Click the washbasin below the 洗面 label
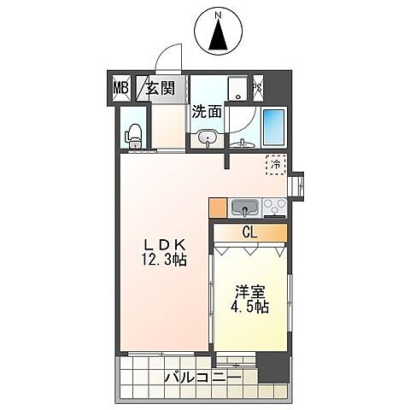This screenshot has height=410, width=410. click(206, 137)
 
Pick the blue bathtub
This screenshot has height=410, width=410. click(273, 126)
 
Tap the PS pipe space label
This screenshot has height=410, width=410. click(257, 86)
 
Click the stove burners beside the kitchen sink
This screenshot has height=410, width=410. click(276, 207)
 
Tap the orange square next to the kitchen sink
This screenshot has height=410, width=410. click(217, 207)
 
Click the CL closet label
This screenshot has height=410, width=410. click(249, 231)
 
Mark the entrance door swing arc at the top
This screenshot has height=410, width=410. click(168, 60)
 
